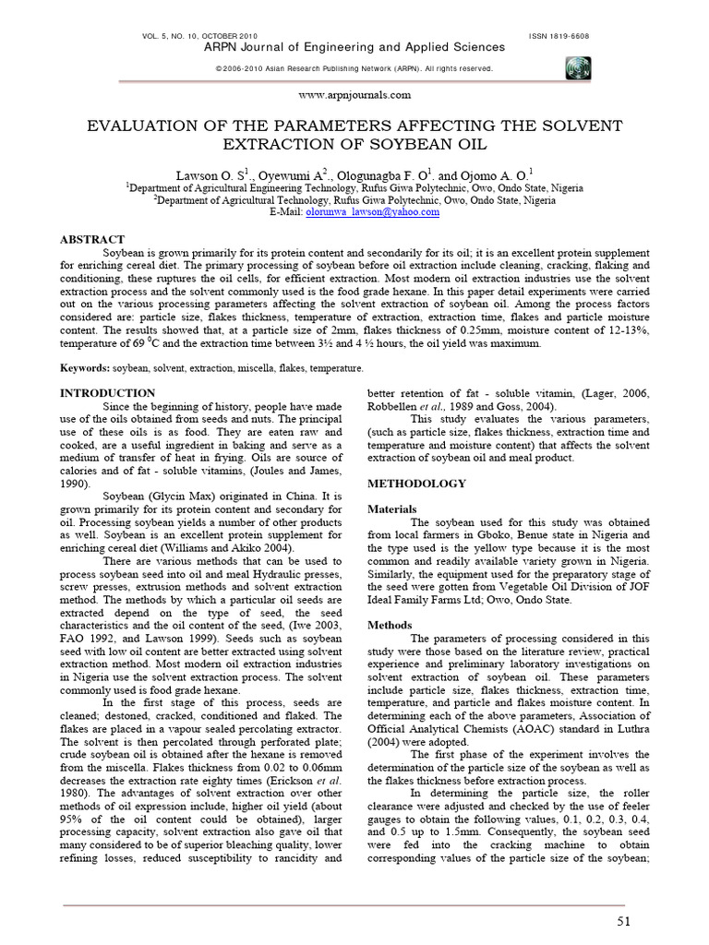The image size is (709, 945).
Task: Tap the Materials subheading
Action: pyautogui.click(x=392, y=508)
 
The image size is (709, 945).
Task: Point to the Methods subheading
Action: pyautogui.click(x=390, y=625)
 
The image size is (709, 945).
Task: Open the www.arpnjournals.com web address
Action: pyautogui.click(x=354, y=94)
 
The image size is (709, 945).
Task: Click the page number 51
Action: pyautogui.click(x=623, y=924)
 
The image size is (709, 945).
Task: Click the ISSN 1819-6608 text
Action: pyautogui.click(x=559, y=35)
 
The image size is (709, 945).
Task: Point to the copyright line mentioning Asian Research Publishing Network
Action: pyautogui.click(x=354, y=68)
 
